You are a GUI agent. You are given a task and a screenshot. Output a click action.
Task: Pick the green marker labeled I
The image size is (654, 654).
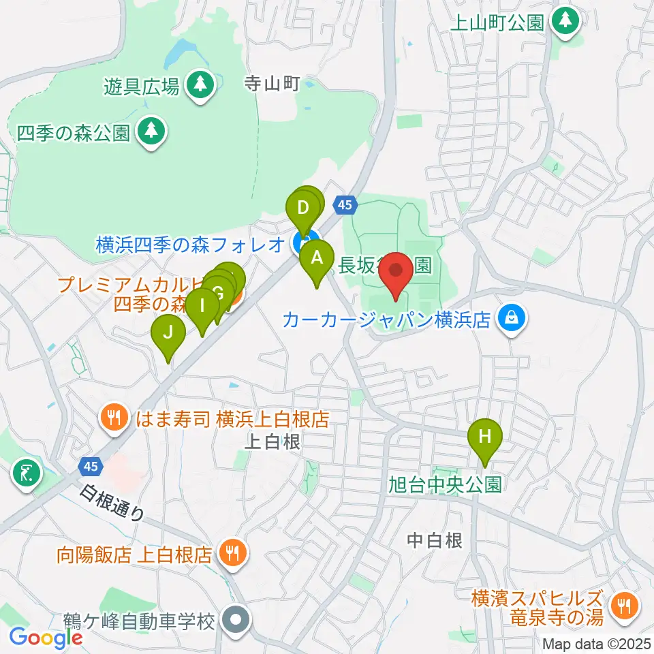tap(202, 310)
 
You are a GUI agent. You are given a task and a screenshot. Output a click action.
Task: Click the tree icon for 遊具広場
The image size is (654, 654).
tap(200, 85)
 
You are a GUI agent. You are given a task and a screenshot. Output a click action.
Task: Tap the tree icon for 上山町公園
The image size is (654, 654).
tap(565, 21)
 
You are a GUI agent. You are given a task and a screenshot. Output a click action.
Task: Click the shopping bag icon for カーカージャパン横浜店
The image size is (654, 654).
tap(510, 317)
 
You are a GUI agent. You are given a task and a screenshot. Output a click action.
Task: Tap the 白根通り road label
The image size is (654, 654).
tap(112, 503)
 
